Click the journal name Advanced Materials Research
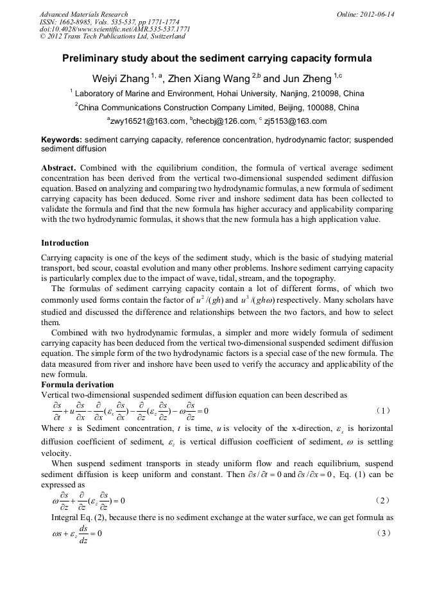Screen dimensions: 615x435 (x=83, y=14)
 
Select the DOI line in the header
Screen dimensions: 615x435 (x=114, y=29)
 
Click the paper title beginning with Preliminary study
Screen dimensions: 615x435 (x=217, y=58)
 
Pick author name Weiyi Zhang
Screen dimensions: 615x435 (x=121, y=80)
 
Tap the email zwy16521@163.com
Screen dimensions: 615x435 (x=146, y=121)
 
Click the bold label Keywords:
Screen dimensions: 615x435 (x=62, y=139)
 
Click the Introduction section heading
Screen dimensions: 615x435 (x=65, y=243)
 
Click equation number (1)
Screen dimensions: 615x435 (x=383, y=410)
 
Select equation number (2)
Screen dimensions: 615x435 (x=383, y=500)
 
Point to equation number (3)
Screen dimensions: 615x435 (x=383, y=533)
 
